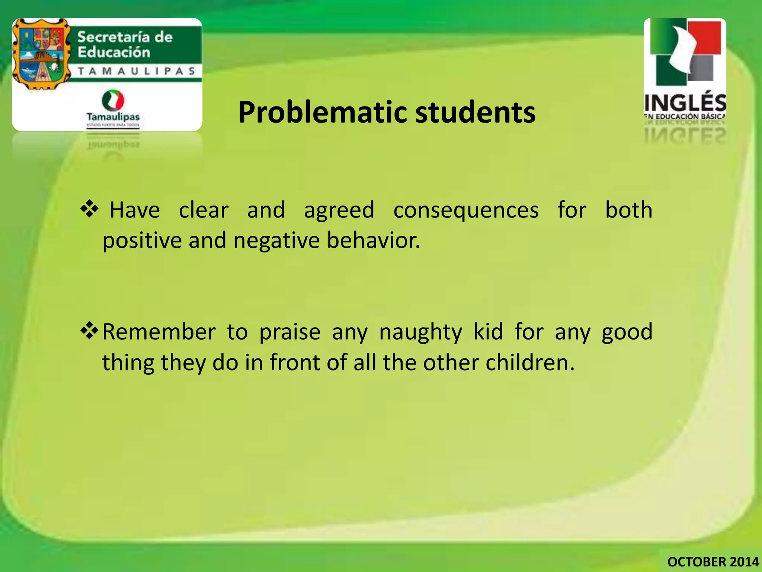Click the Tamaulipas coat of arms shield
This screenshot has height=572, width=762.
coord(41,54)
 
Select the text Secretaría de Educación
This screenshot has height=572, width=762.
coord(125,45)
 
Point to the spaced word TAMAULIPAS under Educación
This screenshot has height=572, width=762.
coord(137,71)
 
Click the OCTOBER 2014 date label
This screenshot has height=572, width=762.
coord(713,562)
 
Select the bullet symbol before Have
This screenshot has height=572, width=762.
coord(89,209)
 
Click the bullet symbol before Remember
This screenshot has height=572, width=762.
coord(89,331)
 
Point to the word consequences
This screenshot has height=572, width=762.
coord(466,210)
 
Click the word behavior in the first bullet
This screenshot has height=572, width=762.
coord(373,240)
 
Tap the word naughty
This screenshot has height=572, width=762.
coord(420,332)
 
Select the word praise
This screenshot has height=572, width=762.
coord(289,332)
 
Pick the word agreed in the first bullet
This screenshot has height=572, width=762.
coord(339,211)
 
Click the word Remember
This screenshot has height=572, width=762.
coord(159,332)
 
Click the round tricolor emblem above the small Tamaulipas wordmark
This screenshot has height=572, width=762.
coord(113,100)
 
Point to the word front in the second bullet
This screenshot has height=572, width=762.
coord(294,362)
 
